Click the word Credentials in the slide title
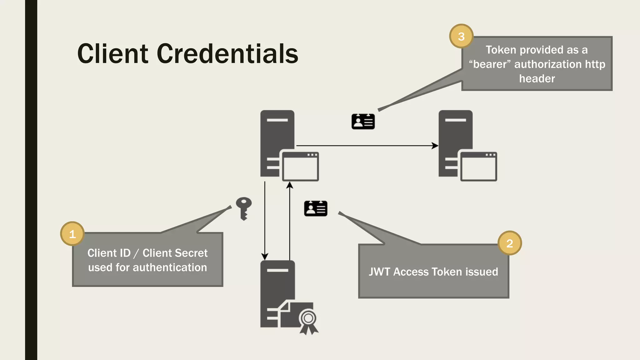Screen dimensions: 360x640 pyautogui.click(x=227, y=54)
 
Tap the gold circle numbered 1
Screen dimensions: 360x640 pyautogui.click(x=72, y=234)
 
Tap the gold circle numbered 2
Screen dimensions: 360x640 pyautogui.click(x=509, y=243)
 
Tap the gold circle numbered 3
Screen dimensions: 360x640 pyautogui.click(x=461, y=36)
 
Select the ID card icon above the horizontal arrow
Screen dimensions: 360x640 pyautogui.click(x=363, y=122)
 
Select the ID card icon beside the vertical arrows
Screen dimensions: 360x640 pyautogui.click(x=316, y=208)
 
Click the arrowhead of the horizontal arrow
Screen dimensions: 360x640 pyautogui.click(x=435, y=146)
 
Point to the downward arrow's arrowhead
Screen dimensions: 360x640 pyautogui.click(x=265, y=257)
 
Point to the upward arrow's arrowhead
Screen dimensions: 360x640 pyautogui.click(x=290, y=185)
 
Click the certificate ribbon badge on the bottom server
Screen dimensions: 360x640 pyautogui.click(x=308, y=321)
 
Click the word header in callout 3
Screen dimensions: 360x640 pyautogui.click(x=537, y=79)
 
